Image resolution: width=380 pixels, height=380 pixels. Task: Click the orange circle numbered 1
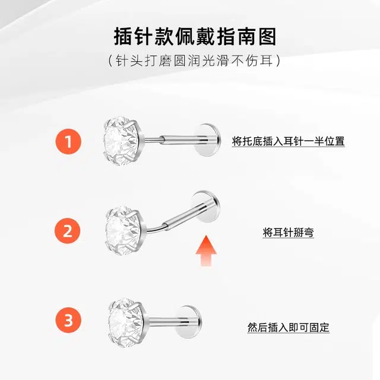[x=68, y=141]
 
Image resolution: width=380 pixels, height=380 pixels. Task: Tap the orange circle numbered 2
[x=67, y=231]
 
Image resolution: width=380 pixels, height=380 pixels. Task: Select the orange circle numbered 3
[x=68, y=320]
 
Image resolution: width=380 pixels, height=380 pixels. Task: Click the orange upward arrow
[x=206, y=251]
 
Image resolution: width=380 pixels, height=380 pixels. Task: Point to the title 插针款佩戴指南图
[x=195, y=37]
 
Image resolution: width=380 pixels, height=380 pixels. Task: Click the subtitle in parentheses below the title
[x=194, y=61]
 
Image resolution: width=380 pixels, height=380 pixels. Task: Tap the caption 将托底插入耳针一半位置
[x=288, y=141]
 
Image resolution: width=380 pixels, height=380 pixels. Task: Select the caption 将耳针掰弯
[x=289, y=232]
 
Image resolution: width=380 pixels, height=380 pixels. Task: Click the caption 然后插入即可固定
[x=289, y=327]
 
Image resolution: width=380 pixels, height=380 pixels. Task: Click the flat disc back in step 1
[x=208, y=140]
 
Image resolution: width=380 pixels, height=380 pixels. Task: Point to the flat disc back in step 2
[x=205, y=207]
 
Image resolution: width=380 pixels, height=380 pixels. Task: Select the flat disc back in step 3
[x=189, y=322]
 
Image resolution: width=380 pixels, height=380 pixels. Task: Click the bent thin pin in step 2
[x=154, y=228]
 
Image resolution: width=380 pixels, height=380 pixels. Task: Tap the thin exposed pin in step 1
[x=153, y=140]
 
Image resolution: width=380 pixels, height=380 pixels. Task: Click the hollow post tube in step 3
[x=165, y=322]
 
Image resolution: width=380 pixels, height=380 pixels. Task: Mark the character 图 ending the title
[x=267, y=37]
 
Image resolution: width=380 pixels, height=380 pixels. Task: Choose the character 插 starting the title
[x=123, y=37]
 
